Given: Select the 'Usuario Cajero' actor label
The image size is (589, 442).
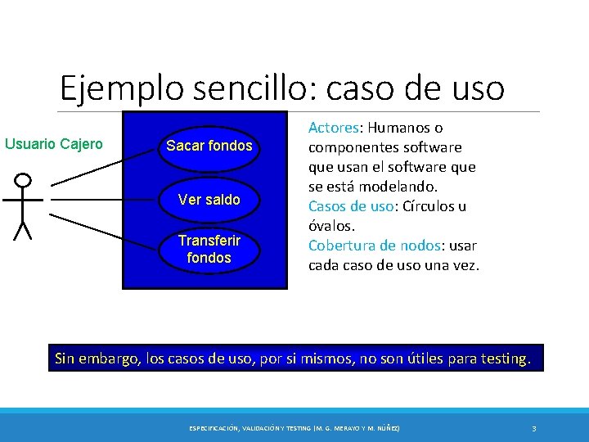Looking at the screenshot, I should (x=54, y=145).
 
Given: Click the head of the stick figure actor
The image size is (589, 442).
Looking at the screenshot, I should (x=24, y=180).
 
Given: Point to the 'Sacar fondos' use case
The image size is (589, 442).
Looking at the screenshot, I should (x=209, y=147).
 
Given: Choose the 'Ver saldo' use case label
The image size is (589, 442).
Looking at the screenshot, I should (x=209, y=200).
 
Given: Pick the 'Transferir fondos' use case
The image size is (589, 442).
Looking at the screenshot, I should (x=209, y=249).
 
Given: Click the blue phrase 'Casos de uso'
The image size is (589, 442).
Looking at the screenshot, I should (x=350, y=206).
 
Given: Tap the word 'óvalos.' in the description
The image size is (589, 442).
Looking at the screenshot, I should (x=331, y=226).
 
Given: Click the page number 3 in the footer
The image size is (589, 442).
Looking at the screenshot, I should (x=533, y=428).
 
